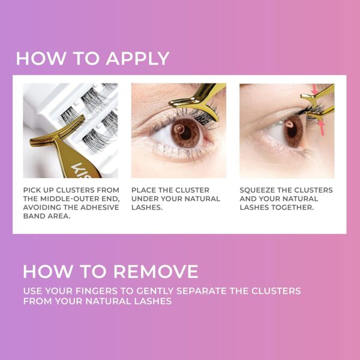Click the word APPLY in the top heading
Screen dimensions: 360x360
click(137, 59)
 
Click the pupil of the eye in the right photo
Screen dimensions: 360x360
click(289, 125)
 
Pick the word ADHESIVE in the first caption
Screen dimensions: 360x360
click(97, 207)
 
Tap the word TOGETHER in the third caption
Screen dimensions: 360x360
click(292, 207)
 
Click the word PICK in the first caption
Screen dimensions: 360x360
click(34, 190)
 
